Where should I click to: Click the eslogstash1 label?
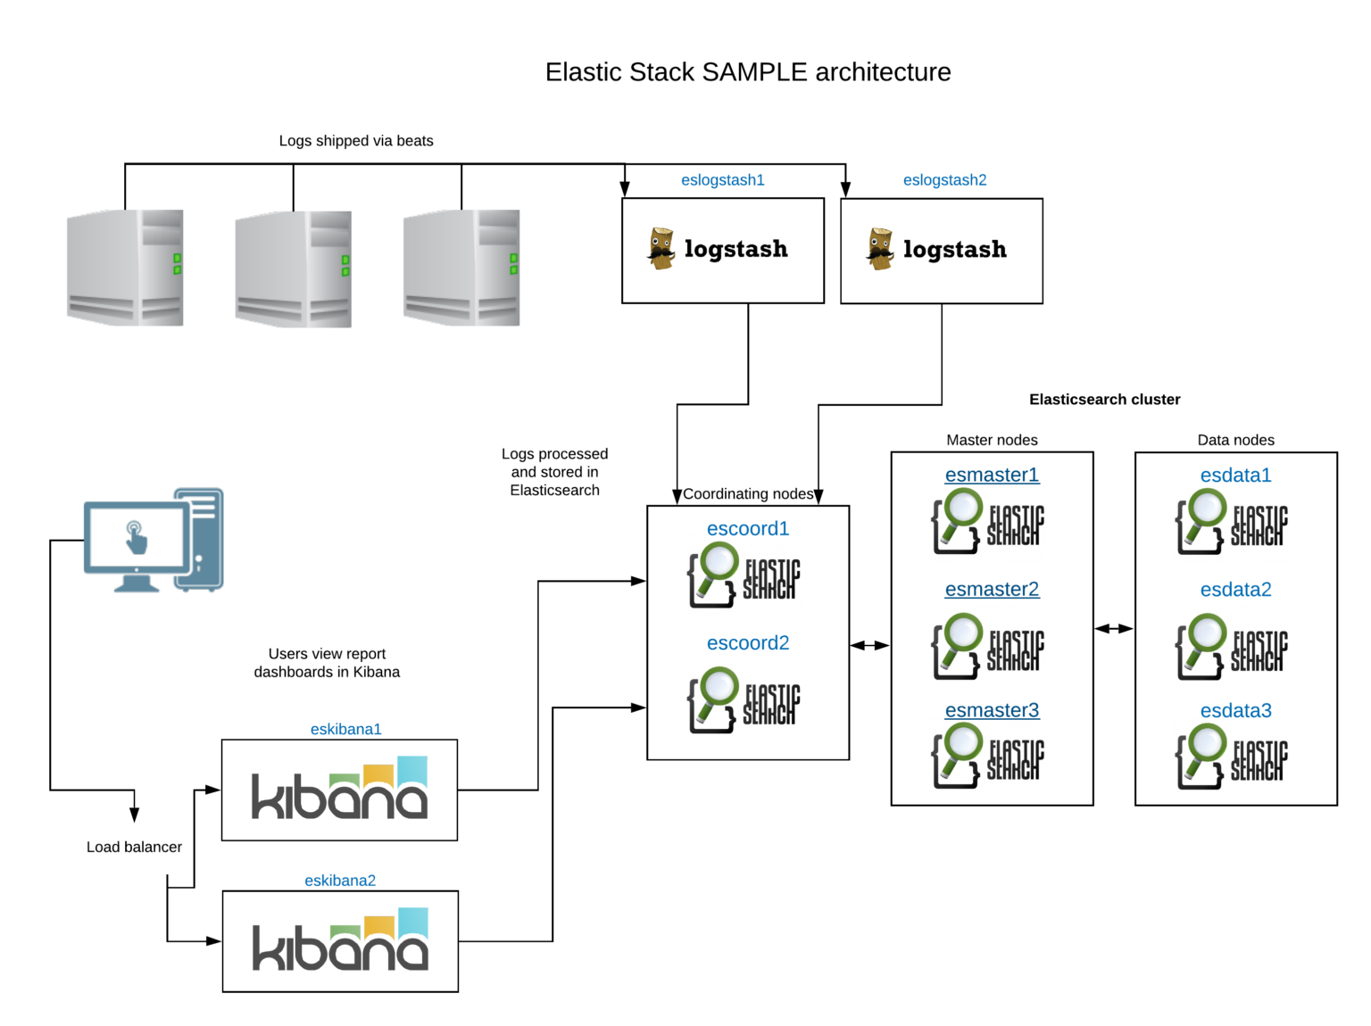(722, 180)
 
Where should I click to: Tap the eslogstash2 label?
(944, 180)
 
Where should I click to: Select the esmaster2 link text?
(992, 589)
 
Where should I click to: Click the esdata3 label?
(1235, 710)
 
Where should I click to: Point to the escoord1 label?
(748, 528)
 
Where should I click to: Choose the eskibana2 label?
(340, 881)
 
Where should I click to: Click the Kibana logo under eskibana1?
(339, 788)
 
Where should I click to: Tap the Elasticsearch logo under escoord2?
(744, 699)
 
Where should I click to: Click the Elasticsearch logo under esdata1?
(1231, 522)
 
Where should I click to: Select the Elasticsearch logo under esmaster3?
(987, 756)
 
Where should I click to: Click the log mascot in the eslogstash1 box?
(661, 248)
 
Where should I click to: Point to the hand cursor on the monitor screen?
(136, 537)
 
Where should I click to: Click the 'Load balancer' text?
(134, 847)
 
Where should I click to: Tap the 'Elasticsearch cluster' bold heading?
(1104, 400)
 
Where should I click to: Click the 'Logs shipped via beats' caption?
(356, 141)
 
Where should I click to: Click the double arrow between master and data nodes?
(1114, 628)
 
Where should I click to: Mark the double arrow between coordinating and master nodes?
(869, 645)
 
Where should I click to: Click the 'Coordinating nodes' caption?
(748, 493)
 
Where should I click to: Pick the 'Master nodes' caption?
(992, 440)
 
